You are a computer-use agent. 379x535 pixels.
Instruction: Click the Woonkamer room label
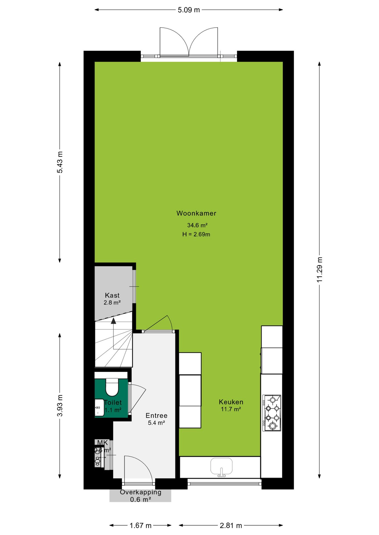(196, 213)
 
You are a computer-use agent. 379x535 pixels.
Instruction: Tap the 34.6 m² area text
(197, 225)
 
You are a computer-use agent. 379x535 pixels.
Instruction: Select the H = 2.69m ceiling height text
(196, 234)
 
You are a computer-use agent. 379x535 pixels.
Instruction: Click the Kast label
(112, 295)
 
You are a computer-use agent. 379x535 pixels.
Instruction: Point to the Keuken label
(231, 402)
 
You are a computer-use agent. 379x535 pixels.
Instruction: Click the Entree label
(157, 415)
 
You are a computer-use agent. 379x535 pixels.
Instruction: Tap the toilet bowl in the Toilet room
(112, 387)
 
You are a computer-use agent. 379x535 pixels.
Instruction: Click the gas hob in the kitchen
(272, 413)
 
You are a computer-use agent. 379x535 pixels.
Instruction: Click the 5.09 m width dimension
(189, 10)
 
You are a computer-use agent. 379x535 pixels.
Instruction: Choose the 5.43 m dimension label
(60, 162)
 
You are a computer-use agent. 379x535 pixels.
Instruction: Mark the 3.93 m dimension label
(60, 405)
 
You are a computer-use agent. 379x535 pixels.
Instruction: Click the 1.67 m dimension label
(140, 526)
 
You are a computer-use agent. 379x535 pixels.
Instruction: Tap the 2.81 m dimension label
(231, 526)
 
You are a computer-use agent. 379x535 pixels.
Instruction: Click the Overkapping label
(141, 492)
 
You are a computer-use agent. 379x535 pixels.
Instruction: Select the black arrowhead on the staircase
(113, 321)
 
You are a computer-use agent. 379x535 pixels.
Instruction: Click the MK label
(102, 442)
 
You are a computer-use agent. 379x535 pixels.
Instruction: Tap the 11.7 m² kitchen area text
(231, 409)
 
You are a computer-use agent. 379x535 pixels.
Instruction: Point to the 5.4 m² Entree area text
(156, 423)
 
